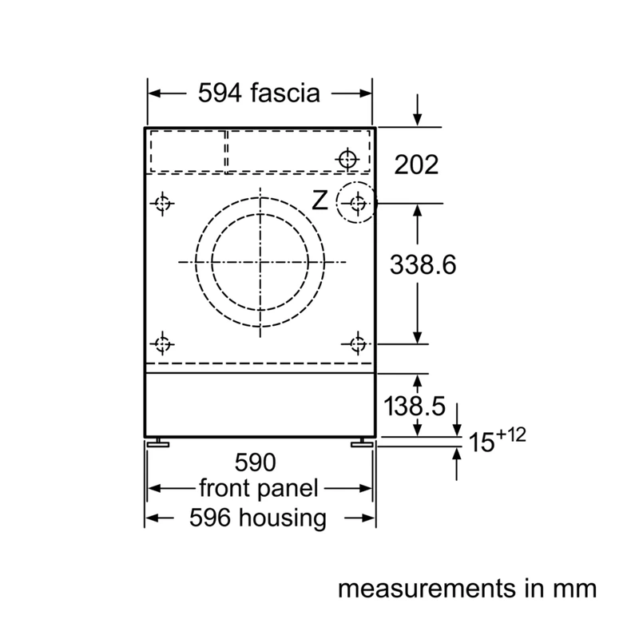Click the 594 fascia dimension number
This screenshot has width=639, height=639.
(x=220, y=93)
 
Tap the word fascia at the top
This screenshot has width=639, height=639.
(x=285, y=93)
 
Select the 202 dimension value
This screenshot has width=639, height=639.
(x=416, y=165)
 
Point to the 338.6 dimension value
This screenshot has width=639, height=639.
(x=423, y=264)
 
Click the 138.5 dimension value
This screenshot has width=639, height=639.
(x=415, y=406)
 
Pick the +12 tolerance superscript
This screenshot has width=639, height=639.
(x=511, y=435)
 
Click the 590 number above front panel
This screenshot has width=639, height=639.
(x=255, y=462)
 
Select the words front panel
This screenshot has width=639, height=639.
(x=258, y=489)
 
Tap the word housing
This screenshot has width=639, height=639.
(x=283, y=518)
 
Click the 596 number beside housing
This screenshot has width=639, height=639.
(x=210, y=518)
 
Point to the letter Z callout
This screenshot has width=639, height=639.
(x=320, y=200)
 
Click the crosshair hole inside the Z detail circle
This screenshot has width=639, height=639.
(x=358, y=203)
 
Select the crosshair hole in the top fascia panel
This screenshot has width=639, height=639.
(x=347, y=159)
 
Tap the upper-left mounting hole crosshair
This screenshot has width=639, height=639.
(x=163, y=203)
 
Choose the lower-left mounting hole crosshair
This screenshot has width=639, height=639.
(x=163, y=344)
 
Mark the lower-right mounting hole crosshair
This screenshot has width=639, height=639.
(x=358, y=344)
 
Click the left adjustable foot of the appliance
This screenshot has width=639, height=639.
(x=158, y=443)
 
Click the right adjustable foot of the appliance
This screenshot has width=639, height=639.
(x=362, y=443)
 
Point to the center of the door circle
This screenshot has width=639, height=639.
(x=260, y=262)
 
